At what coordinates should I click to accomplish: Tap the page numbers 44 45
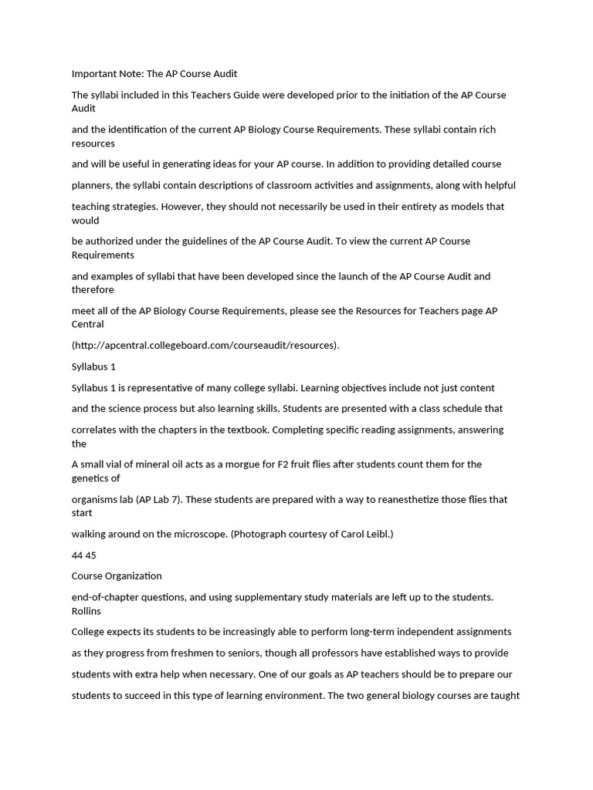click(x=84, y=555)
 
